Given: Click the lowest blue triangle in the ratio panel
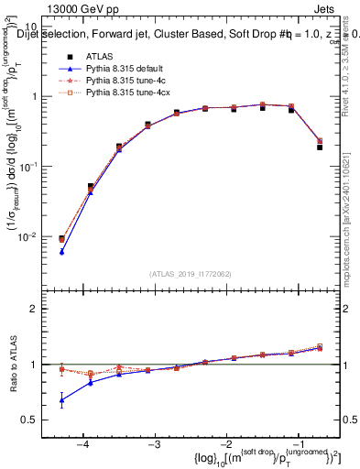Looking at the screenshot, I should click(x=61, y=400).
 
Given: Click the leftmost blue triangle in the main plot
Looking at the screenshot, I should click(x=61, y=251).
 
